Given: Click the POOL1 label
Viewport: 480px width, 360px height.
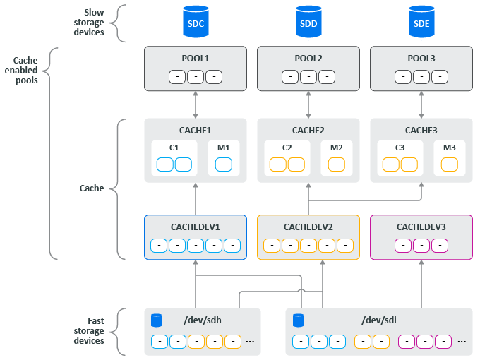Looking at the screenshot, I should (x=196, y=58).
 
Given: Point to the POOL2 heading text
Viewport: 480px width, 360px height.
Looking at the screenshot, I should (x=308, y=58).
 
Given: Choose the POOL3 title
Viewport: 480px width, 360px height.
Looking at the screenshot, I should (x=421, y=58).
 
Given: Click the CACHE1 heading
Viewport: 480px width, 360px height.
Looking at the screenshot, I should (x=196, y=130).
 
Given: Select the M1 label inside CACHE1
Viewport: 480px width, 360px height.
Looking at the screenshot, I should (x=224, y=148).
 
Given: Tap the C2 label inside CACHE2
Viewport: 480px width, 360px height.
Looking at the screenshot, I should (x=287, y=148).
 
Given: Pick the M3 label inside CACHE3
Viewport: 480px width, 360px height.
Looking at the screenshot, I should (x=450, y=148).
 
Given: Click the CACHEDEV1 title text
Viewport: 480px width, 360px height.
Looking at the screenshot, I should (x=196, y=227).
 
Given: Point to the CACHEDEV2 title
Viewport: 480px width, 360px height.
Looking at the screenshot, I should (x=308, y=227).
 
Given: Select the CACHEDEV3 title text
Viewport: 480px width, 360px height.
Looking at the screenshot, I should (x=421, y=227).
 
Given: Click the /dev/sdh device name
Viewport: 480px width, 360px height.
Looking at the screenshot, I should (x=203, y=321).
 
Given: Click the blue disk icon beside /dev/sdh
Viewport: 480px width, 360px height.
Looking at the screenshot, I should (x=157, y=320).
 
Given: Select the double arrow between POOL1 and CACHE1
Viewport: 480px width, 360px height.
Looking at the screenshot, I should (x=196, y=104).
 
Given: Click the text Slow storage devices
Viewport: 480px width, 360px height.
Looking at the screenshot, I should (x=89, y=22).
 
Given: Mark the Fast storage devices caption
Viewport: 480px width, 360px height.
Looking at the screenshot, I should (x=89, y=331).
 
